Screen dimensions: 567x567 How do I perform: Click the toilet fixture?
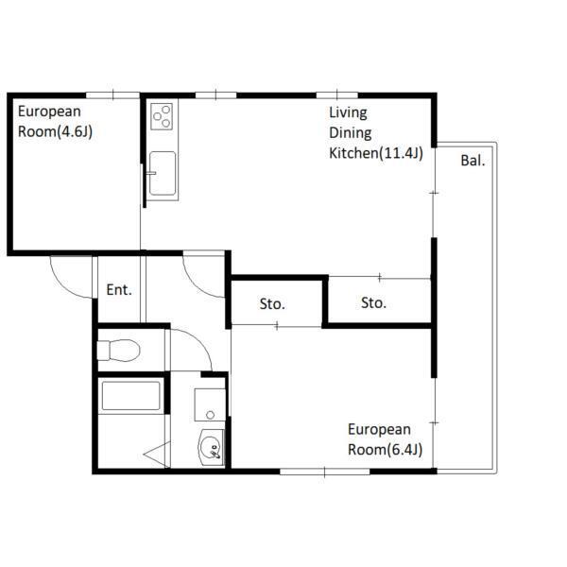pyautogui.click(x=119, y=350)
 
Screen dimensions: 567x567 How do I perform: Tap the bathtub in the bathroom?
pyautogui.click(x=130, y=396)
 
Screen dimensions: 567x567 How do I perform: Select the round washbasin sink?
pyautogui.click(x=211, y=447)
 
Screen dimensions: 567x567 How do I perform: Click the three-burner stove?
pyautogui.click(x=162, y=116)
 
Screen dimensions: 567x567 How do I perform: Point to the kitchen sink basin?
pyautogui.click(x=163, y=173)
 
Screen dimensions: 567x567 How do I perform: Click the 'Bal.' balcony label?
pyautogui.click(x=472, y=161)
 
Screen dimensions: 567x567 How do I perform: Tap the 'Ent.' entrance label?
pyautogui.click(x=119, y=290)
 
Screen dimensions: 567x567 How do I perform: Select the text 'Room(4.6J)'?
pyautogui.click(x=55, y=131)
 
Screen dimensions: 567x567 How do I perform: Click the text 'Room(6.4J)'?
pyautogui.click(x=386, y=450)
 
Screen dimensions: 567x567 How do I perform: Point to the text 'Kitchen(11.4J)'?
pyautogui.click(x=376, y=153)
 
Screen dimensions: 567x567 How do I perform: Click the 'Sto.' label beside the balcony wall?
pyautogui.click(x=373, y=303)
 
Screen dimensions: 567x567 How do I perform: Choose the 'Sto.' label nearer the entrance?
pyautogui.click(x=272, y=304)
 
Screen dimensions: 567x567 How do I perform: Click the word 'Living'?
pyautogui.click(x=348, y=112)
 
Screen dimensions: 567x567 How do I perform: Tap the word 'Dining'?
pyautogui.click(x=350, y=133)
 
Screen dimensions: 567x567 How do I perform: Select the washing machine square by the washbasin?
pyautogui.click(x=210, y=405)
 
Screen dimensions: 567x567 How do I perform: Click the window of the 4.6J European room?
pyautogui.click(x=112, y=95)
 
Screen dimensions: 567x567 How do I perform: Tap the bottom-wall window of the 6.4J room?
pyautogui.click(x=325, y=472)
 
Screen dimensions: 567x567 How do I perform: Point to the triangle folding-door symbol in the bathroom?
pyautogui.click(x=158, y=455)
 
